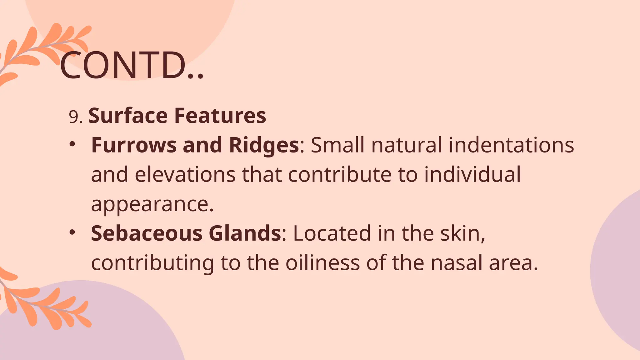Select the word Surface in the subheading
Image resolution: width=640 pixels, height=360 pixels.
pyautogui.click(x=128, y=116)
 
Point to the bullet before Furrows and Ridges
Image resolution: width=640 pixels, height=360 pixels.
pyautogui.click(x=72, y=144)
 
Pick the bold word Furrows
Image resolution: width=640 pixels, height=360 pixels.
pyautogui.click(x=134, y=145)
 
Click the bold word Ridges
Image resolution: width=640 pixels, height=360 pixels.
pyautogui.click(x=264, y=146)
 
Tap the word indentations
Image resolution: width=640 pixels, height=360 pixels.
pyautogui.click(x=511, y=145)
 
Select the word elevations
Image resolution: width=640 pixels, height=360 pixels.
pyautogui.click(x=185, y=175)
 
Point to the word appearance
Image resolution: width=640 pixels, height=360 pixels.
pyautogui.click(x=152, y=205)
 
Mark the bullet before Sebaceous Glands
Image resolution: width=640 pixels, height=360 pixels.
pyautogui.click(x=72, y=232)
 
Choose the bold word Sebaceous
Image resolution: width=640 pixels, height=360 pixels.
pyautogui.click(x=147, y=233)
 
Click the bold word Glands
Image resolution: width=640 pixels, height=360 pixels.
pyautogui.click(x=245, y=233)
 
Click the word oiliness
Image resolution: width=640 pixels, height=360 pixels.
pyautogui.click(x=322, y=263)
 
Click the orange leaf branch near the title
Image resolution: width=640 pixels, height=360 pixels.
pyautogui.click(x=44, y=50)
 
